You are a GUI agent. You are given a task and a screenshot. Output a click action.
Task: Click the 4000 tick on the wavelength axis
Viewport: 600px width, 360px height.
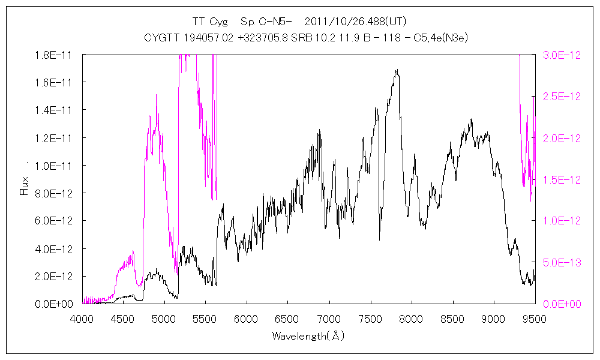[82, 319]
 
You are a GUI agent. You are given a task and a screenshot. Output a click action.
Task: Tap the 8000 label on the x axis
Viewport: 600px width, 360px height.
[411, 319]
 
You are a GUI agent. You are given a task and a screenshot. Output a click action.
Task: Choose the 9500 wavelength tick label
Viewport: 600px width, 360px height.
[534, 319]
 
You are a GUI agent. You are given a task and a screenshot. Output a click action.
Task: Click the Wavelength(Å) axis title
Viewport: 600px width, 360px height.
[308, 336]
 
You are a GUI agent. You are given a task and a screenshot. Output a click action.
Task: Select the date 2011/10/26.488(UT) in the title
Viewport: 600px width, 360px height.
[356, 22]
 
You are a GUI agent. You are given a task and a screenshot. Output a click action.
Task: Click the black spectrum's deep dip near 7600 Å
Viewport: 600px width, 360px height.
[380, 239]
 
